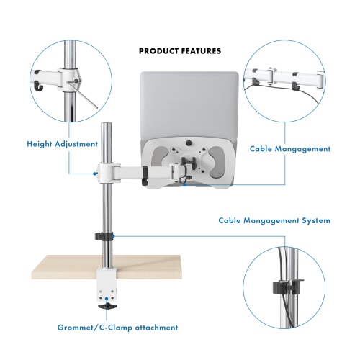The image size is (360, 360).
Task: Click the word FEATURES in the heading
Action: pos(200,51)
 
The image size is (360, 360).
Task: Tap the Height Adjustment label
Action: pos(63,144)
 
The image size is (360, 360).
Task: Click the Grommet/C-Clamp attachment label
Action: pos(118,328)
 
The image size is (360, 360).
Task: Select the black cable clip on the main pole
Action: pos(104,238)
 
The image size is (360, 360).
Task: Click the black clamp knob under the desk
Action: pos(109,305)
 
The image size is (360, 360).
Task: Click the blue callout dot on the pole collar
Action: pos(96,173)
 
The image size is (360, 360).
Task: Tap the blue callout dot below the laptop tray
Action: pos(184,185)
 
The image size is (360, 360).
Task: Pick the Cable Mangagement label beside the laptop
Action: pos(290,149)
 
